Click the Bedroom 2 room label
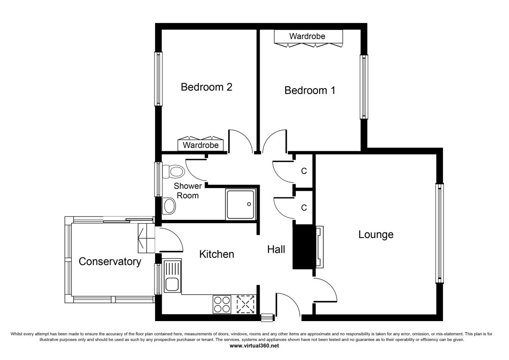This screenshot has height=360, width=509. pyautogui.click(x=206, y=87)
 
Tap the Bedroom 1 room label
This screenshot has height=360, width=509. pyautogui.click(x=310, y=90)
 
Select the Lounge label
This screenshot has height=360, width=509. pyautogui.click(x=376, y=234)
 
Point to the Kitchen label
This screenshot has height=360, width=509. pyautogui.click(x=217, y=254)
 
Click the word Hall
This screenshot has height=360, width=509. pyautogui.click(x=276, y=249)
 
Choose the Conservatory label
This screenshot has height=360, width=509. pyautogui.click(x=110, y=261)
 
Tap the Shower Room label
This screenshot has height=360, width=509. pyautogui.click(x=187, y=191)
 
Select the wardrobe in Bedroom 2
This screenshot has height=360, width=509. pyautogui.click(x=201, y=143)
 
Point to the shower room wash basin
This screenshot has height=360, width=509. pyautogui.click(x=169, y=205)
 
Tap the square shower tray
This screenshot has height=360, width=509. pyautogui.click(x=241, y=204)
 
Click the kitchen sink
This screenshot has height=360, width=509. pyautogui.click(x=172, y=276)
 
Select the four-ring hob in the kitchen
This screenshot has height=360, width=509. pyautogui.click(x=222, y=305)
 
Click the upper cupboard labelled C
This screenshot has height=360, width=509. pyautogui.click(x=303, y=171)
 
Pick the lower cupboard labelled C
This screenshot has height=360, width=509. pyautogui.click(x=303, y=208)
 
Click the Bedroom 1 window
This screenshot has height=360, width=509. pyautogui.click(x=364, y=87)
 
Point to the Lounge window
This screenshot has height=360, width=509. pyautogui.click(x=439, y=233)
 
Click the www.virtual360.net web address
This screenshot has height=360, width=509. pyautogui.click(x=254, y=346)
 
